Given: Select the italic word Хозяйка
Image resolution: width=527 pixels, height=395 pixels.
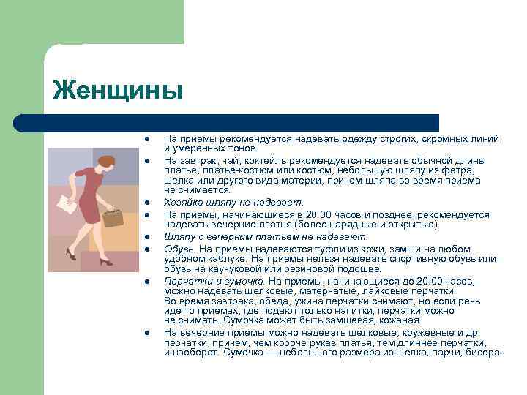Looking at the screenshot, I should pyautogui.click(x=184, y=202).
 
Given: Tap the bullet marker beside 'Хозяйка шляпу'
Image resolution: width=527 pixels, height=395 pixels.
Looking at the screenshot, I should pyautogui.click(x=146, y=203).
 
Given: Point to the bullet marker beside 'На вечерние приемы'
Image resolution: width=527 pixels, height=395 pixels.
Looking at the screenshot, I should pyautogui.click(x=146, y=333).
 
